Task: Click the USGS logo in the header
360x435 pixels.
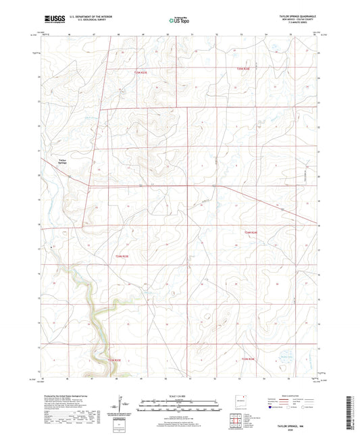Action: point(53,20)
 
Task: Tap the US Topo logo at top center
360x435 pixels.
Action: point(179,20)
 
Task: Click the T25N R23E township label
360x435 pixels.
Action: point(140,72)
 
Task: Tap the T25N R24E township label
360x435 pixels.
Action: point(247,69)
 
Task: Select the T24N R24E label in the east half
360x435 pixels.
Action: point(251,232)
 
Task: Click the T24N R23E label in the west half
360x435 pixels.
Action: point(121,256)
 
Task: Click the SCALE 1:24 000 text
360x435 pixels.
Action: point(179,395)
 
